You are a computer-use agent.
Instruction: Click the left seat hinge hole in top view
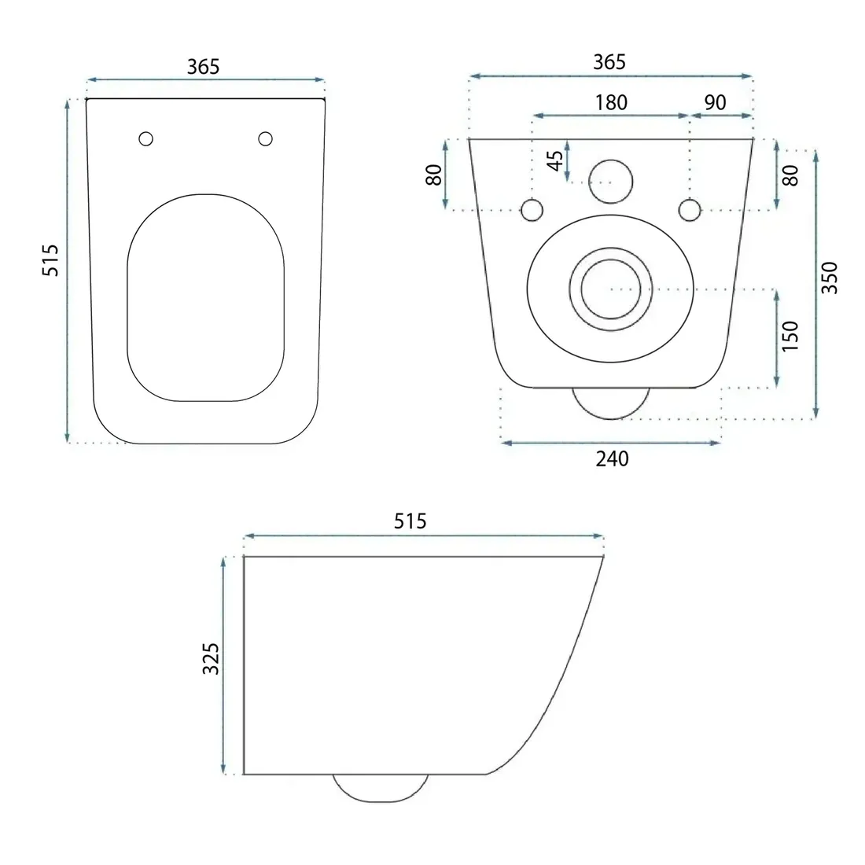pyautogui.click(x=145, y=138)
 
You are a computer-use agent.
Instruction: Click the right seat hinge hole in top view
pyautogui.click(x=265, y=138)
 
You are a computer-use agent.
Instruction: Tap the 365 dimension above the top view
pyautogui.click(x=203, y=67)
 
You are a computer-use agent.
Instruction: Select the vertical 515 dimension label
pyautogui.click(x=50, y=259)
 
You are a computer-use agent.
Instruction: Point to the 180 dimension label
pyautogui.click(x=611, y=102)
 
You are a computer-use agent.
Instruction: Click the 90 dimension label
pyautogui.click(x=715, y=102)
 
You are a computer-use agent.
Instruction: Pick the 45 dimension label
pyautogui.click(x=555, y=160)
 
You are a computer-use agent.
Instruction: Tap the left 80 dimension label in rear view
pyautogui.click(x=434, y=175)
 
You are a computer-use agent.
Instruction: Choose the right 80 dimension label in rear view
pyautogui.click(x=790, y=175)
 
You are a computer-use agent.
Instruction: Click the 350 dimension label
pyautogui.click(x=830, y=278)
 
